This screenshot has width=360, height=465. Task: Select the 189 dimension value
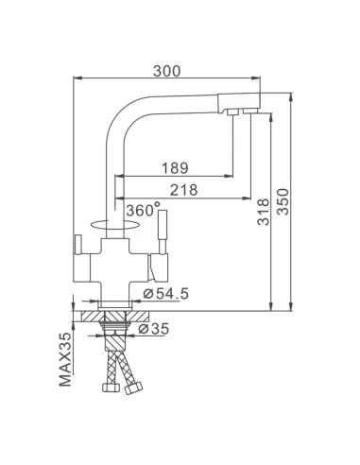click(174, 167)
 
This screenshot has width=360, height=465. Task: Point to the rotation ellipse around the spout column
click(112, 223)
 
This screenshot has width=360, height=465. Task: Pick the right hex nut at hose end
click(133, 387)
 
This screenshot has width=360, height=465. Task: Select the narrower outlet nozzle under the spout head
click(229, 114)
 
